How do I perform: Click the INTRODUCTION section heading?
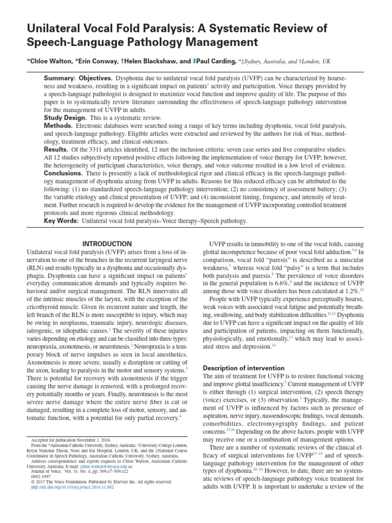tap(107, 244)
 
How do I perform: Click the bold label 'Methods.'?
tap(59, 126)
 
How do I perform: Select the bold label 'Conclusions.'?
tap(64, 173)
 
